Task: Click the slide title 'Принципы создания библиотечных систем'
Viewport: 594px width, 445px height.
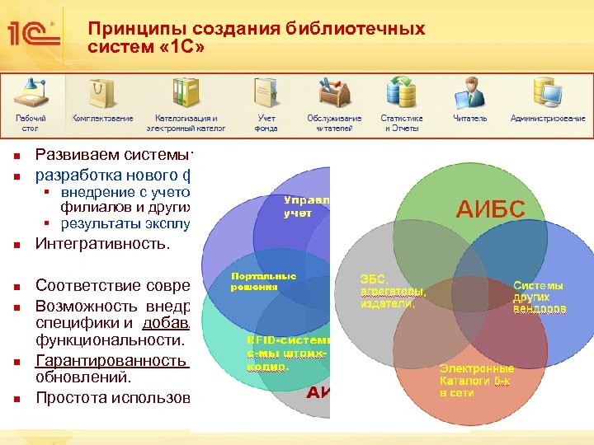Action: [x=256, y=38]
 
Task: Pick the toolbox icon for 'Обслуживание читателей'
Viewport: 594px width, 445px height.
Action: [x=334, y=91]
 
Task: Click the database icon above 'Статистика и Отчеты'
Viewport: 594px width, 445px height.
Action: [x=402, y=91]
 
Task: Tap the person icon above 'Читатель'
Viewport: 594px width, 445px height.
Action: [x=470, y=91]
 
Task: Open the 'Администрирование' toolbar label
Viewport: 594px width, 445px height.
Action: [x=548, y=119]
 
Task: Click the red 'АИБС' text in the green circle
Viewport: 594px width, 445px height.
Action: [x=490, y=208]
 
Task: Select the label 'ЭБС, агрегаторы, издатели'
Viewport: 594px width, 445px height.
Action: [x=393, y=291]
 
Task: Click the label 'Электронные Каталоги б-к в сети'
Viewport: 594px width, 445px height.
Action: [x=476, y=381]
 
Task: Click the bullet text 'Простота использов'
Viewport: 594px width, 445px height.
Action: [x=112, y=398]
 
